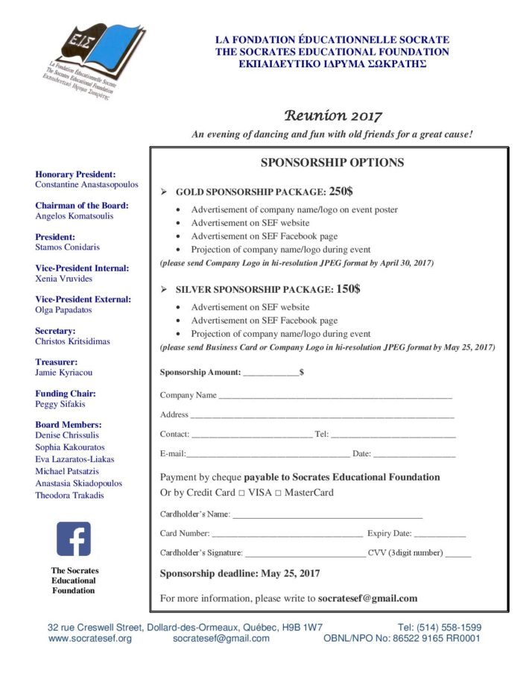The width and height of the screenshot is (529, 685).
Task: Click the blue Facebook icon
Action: (x=73, y=539)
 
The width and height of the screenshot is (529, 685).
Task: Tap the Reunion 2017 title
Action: (x=332, y=116)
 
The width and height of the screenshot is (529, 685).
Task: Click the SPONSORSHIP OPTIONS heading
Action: (x=332, y=162)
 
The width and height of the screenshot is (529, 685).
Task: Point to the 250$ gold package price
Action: (x=340, y=191)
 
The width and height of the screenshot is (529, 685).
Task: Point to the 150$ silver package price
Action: (x=348, y=288)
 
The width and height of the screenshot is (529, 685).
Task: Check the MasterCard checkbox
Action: (x=278, y=493)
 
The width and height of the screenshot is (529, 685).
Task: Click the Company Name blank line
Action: (x=335, y=397)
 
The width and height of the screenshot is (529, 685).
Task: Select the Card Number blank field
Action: (x=287, y=534)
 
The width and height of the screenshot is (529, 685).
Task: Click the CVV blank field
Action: (x=458, y=554)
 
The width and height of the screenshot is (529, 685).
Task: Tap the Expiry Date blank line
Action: (x=440, y=534)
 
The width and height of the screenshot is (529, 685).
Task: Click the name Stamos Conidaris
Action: (x=67, y=247)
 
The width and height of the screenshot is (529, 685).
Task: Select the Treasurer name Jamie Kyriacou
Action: (x=64, y=372)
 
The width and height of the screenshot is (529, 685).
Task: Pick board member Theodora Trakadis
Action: (x=69, y=495)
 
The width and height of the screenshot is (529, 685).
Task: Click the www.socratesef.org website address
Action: (x=90, y=638)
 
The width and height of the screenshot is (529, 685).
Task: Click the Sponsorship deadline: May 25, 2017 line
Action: (x=240, y=573)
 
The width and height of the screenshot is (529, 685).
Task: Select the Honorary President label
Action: (x=75, y=174)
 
